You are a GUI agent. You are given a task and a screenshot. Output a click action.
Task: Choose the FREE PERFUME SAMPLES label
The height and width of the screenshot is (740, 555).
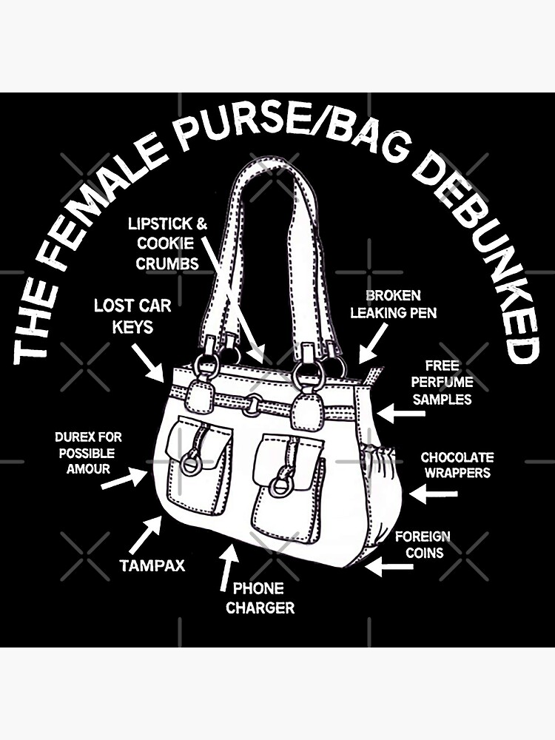click(x=443, y=383)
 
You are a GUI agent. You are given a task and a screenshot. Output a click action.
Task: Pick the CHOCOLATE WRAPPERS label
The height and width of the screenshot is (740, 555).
click(x=457, y=465)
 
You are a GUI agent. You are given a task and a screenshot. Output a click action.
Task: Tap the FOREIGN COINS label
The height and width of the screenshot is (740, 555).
click(x=422, y=544)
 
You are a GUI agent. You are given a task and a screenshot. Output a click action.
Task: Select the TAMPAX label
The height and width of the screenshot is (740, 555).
click(x=152, y=566)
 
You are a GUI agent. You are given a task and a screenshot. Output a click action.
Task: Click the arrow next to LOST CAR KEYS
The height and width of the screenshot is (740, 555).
click(x=150, y=363)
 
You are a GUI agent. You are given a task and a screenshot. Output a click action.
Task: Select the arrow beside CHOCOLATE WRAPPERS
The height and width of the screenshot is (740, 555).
click(x=428, y=492)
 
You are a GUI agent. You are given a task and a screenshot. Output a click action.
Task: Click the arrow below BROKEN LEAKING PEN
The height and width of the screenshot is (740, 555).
click(x=372, y=343)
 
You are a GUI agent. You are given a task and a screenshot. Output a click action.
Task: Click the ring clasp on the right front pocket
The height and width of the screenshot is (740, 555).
click(x=279, y=485)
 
